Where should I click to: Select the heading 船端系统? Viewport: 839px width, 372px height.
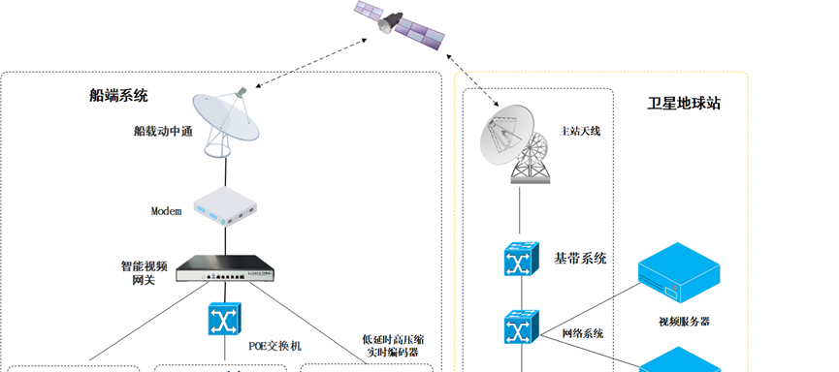coord(118,96)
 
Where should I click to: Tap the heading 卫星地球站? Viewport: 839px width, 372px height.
coord(684,103)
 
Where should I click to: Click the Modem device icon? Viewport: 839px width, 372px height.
coord(225,206)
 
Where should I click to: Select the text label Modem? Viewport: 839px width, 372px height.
coord(167,211)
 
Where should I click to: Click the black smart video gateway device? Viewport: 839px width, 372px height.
coord(225,268)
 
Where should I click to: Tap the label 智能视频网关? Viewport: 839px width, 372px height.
coord(144,272)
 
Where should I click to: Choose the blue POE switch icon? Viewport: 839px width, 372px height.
coord(225,319)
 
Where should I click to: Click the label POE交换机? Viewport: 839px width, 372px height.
coord(275,347)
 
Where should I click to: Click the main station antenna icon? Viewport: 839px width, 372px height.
coord(515,144)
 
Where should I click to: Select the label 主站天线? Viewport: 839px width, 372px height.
coord(580,131)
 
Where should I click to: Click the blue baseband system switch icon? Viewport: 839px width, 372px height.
coord(521,259)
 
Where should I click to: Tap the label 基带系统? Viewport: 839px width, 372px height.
coord(580,259)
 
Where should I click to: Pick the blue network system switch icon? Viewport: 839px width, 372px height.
coord(521,326)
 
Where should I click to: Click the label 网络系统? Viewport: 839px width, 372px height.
coord(583,333)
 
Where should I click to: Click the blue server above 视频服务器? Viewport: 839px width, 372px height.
coord(679,273)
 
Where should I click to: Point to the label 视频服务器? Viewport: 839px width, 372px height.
coord(684,322)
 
